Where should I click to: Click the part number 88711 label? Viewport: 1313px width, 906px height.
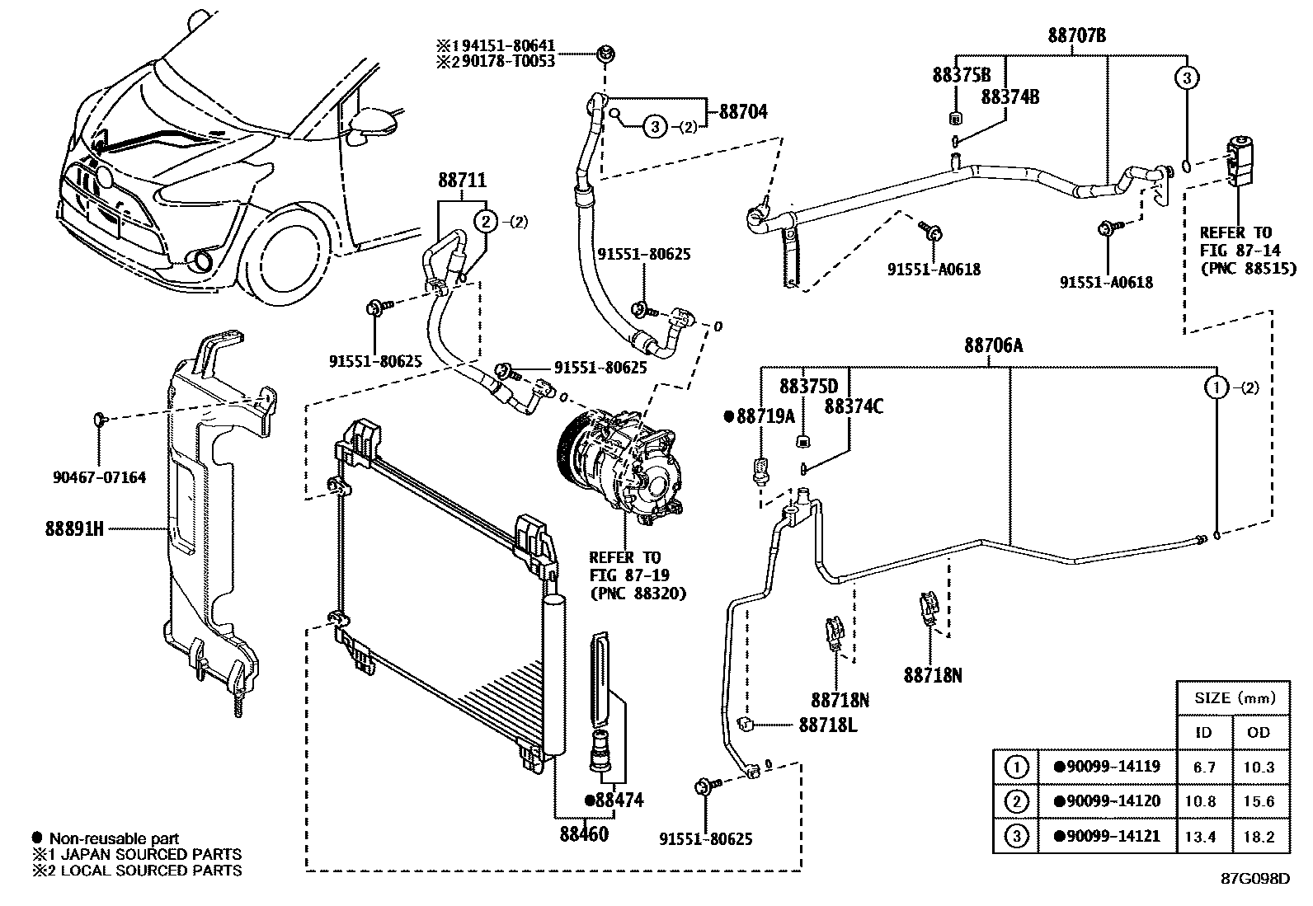click(462, 181)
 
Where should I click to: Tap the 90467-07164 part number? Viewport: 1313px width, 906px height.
click(98, 477)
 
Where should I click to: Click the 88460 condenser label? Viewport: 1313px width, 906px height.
click(585, 833)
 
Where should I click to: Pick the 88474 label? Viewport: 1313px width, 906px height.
click(614, 800)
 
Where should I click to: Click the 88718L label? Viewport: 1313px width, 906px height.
click(827, 725)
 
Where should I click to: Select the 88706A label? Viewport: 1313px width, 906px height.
click(993, 346)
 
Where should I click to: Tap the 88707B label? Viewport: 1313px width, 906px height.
click(1076, 35)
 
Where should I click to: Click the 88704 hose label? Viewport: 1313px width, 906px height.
click(743, 111)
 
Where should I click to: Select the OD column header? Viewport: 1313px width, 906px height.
click(1259, 732)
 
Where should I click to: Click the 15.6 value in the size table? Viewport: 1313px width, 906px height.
click(1259, 801)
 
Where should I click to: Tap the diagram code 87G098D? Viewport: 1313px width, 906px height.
click(1254, 878)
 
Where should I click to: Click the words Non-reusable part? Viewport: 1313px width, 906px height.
click(113, 838)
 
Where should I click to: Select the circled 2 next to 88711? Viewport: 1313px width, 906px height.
click(487, 221)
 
